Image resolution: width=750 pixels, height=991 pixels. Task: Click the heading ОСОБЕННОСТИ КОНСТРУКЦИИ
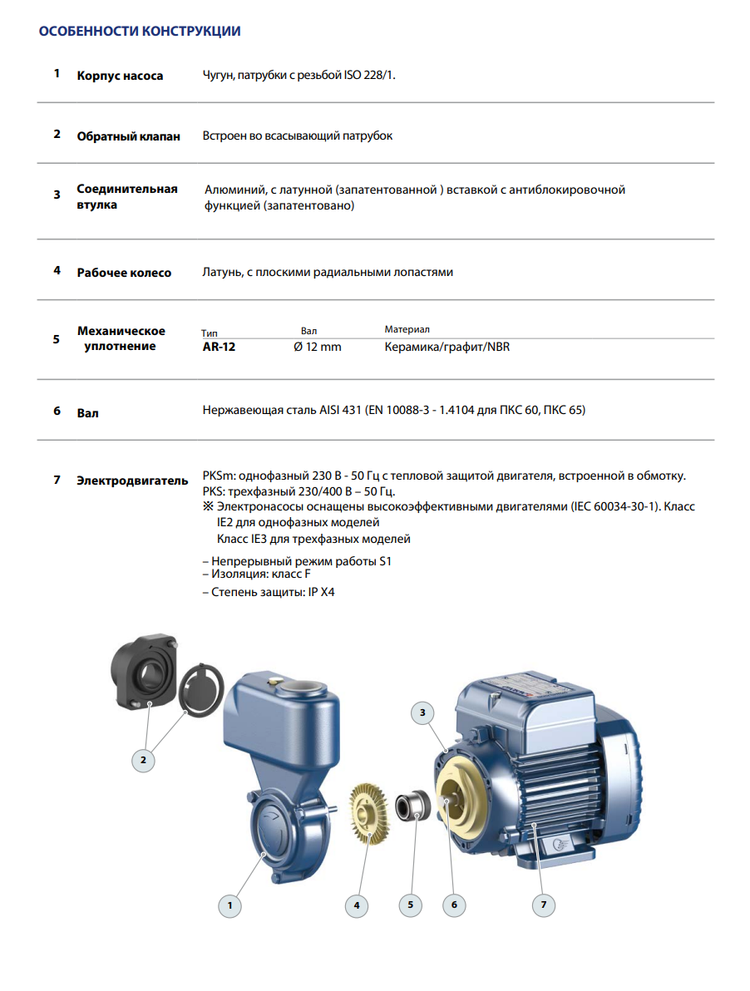[x=140, y=32]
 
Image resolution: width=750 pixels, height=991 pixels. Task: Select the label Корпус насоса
[x=120, y=76]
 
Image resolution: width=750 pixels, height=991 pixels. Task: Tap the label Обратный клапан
[x=128, y=136]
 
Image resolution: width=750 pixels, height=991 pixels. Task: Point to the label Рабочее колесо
[x=124, y=273]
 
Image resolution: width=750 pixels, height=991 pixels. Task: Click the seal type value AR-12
[x=220, y=347]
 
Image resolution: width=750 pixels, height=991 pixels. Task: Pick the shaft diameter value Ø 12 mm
[x=318, y=347]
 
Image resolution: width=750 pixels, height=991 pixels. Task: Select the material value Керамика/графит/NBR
[x=447, y=347]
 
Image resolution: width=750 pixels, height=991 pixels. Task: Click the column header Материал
[x=407, y=330]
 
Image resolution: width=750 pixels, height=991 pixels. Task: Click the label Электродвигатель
[x=132, y=481]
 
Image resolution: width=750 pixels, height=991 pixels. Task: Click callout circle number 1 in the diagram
[x=230, y=905]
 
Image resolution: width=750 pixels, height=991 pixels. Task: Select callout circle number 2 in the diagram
[x=143, y=759]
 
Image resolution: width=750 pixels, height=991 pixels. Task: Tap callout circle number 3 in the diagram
[x=422, y=712]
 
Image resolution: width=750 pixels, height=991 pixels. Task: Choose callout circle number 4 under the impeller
[x=356, y=905]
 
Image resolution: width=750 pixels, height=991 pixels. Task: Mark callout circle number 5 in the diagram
[x=410, y=905]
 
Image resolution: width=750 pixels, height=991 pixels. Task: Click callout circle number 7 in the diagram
[x=543, y=905]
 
